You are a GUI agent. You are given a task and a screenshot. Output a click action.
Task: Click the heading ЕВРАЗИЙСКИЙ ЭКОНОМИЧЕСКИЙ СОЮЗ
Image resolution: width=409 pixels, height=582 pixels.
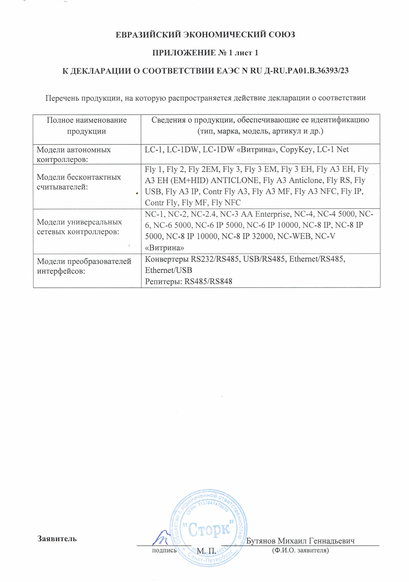[x=205, y=35]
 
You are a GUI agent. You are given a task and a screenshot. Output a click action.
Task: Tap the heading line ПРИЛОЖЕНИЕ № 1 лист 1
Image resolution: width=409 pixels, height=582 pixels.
[x=205, y=53]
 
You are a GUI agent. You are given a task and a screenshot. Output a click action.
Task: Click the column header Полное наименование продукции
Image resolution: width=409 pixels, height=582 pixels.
[x=87, y=126]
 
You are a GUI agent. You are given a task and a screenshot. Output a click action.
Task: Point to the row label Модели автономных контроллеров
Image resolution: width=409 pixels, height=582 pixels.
[x=74, y=154]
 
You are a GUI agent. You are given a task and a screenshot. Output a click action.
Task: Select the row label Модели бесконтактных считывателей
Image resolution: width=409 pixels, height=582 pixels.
[x=79, y=182]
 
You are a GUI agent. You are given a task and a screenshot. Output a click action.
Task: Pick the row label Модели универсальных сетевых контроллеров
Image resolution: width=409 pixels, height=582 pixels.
[x=79, y=227]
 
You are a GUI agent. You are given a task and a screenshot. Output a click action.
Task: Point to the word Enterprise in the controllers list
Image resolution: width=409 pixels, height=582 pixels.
[x=273, y=214]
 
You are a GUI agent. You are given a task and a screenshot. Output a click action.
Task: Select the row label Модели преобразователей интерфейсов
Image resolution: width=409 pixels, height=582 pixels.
[x=84, y=266]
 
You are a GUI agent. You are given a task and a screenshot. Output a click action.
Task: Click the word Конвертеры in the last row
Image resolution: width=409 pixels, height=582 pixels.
[x=167, y=259]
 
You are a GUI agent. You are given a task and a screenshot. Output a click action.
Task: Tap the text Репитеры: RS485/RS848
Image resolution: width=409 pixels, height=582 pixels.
[x=188, y=282]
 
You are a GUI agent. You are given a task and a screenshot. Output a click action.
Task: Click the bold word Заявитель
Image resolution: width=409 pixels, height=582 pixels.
[x=57, y=539]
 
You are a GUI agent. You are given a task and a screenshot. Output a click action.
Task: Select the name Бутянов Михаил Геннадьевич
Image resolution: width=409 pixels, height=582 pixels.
[x=300, y=541]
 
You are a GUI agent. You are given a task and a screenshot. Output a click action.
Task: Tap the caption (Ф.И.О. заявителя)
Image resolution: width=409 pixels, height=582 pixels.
[x=300, y=550]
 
